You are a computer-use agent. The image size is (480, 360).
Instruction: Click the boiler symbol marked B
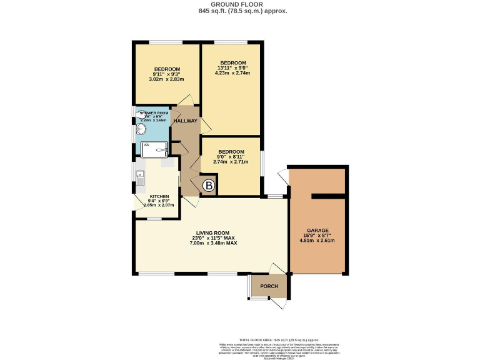(209, 186)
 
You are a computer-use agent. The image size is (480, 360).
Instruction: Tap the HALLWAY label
(185, 121)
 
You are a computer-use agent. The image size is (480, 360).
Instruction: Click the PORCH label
(269, 286)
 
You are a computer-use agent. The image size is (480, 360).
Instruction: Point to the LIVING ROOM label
(212, 233)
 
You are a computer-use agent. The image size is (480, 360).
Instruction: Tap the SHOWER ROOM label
(154, 112)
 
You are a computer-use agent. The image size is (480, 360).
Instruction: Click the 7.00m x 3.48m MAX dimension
(212, 243)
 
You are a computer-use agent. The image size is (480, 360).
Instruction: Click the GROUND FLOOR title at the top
(239, 4)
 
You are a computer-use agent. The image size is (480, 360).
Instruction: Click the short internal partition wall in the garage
(328, 196)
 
